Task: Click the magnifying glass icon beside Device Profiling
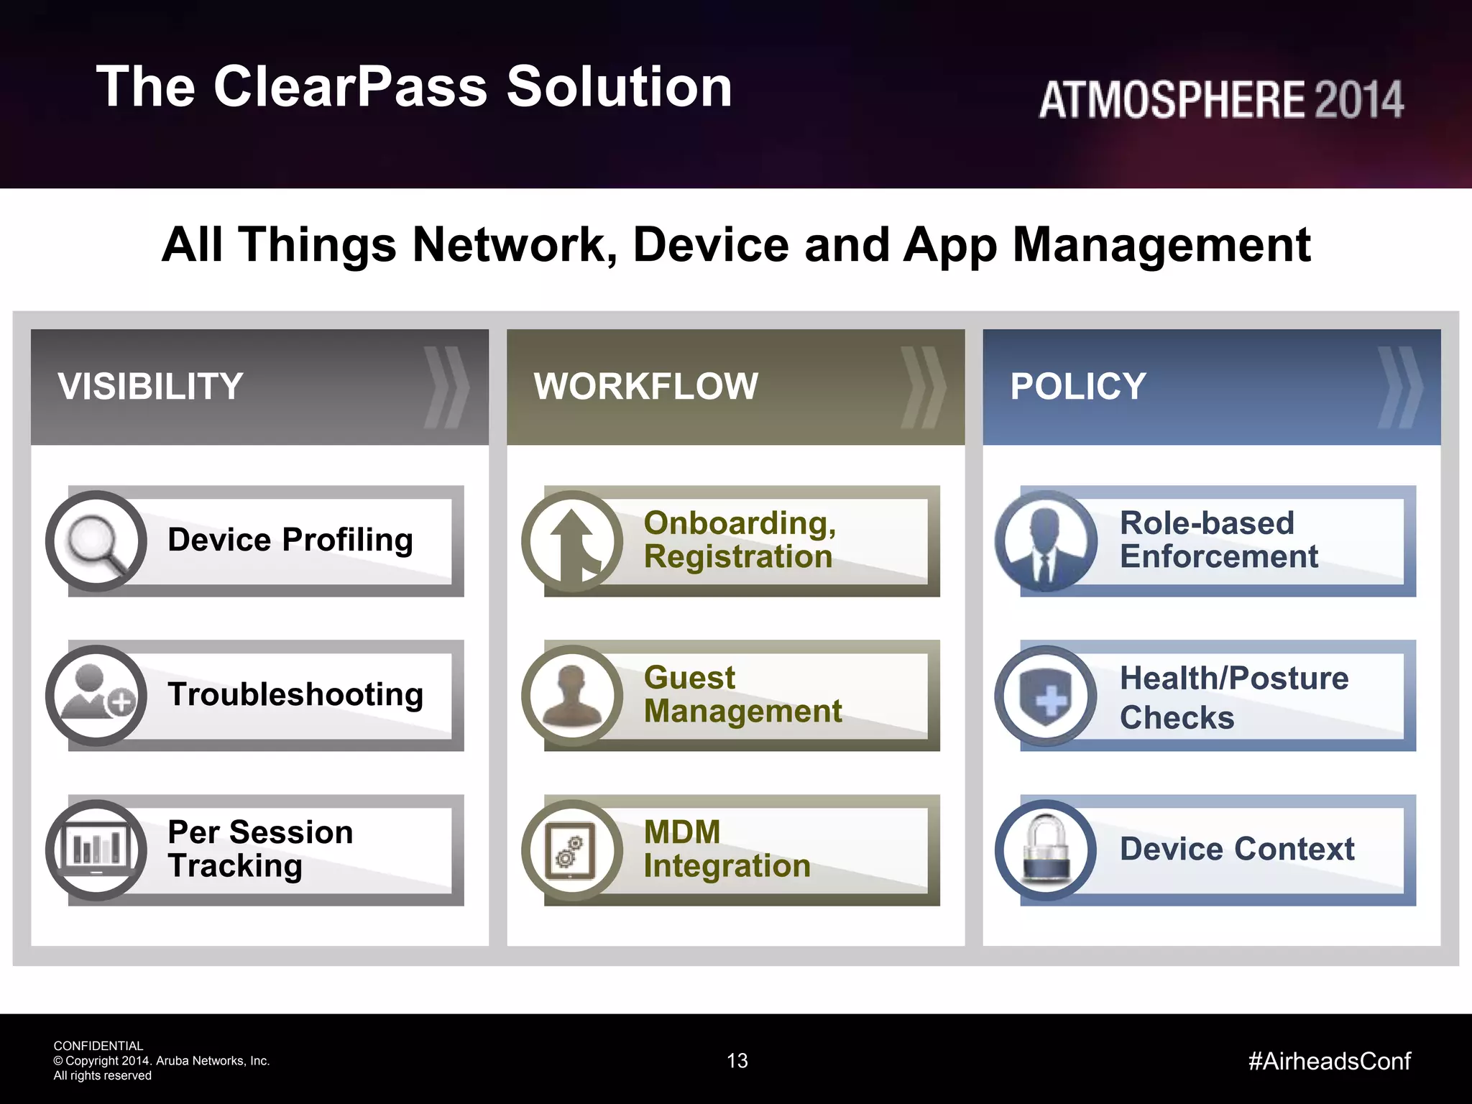tap(96, 541)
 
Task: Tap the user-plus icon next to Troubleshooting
tap(96, 695)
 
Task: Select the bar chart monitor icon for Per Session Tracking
tap(96, 850)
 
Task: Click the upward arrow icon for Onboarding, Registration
tap(572, 541)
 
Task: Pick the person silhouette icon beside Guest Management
tap(572, 695)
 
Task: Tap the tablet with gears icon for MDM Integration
tap(572, 850)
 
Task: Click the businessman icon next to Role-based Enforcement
tap(1046, 541)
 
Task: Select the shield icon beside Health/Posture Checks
tap(1046, 695)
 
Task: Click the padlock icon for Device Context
tap(1046, 850)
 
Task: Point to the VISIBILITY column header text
tap(151, 387)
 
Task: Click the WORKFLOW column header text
tap(645, 387)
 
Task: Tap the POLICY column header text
tap(1078, 387)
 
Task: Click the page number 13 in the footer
tap(737, 1061)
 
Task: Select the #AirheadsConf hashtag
tap(1330, 1061)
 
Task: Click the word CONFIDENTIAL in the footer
tap(98, 1046)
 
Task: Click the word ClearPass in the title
tap(351, 87)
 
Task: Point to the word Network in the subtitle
tap(515, 245)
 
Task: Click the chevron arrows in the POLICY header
tap(1399, 387)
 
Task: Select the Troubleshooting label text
tap(295, 694)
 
